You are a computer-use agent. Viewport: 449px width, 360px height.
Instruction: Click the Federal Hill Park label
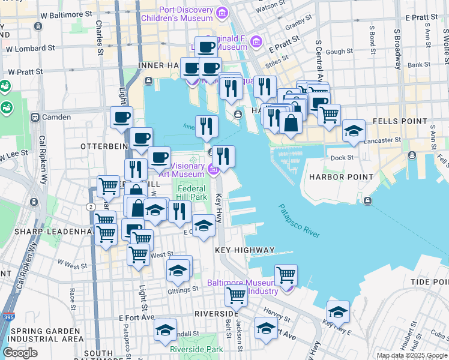click(x=191, y=192)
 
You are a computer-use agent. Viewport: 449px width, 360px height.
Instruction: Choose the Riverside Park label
click(x=196, y=349)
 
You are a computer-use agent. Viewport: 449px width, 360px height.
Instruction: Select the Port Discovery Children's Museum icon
click(x=222, y=12)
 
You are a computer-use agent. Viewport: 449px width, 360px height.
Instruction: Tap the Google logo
click(x=20, y=353)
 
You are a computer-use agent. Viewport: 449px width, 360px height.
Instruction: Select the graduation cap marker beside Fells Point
click(x=354, y=130)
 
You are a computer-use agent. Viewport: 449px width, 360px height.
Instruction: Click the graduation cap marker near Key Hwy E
click(x=338, y=311)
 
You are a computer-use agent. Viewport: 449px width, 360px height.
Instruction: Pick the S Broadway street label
click(x=397, y=48)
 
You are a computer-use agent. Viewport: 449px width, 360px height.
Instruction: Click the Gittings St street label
click(x=183, y=289)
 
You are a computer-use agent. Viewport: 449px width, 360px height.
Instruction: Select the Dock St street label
click(x=342, y=158)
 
